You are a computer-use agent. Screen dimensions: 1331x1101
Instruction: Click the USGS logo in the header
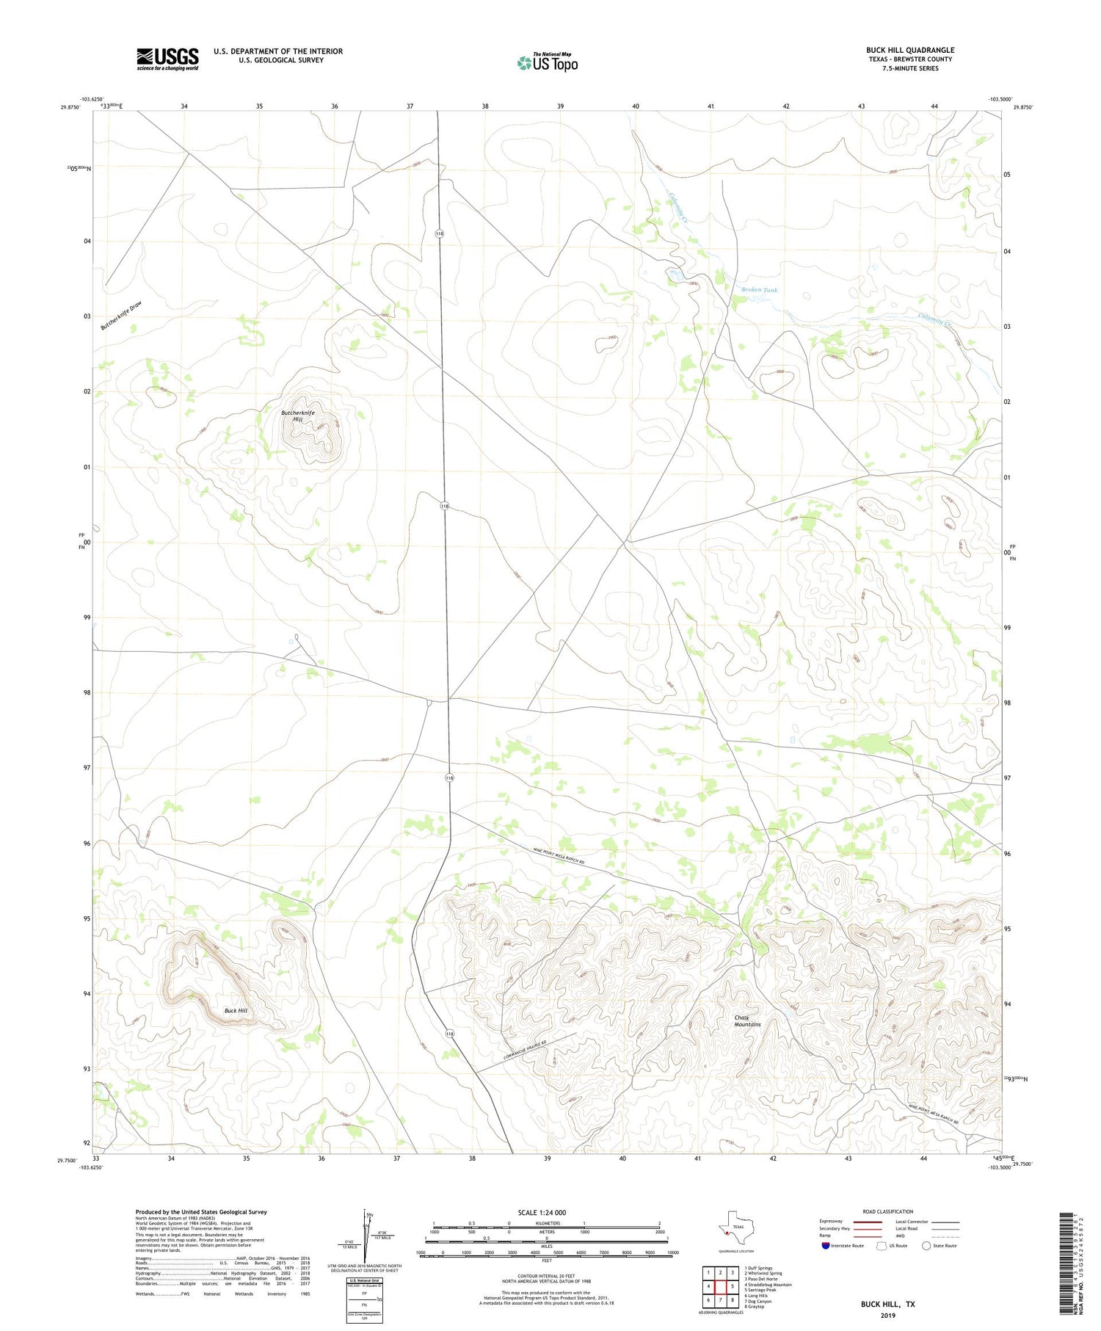[167, 59]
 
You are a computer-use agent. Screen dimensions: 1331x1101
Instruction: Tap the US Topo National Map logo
[547, 62]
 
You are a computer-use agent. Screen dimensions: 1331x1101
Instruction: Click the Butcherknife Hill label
[298, 416]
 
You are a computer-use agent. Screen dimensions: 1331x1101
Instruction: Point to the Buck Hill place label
[236, 1011]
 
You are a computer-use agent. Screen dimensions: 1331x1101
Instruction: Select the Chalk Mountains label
[747, 1020]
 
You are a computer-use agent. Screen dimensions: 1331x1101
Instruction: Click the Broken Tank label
[759, 290]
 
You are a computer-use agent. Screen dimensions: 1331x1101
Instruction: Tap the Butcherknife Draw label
[121, 316]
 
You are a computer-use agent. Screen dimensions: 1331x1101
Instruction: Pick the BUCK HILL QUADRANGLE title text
[909, 50]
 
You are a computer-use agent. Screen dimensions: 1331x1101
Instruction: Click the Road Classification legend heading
[888, 1211]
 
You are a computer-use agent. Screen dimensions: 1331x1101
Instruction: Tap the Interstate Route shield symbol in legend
[826, 1245]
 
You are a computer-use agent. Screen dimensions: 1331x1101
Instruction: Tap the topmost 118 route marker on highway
[439, 233]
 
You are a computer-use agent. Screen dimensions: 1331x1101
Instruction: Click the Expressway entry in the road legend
[832, 1222]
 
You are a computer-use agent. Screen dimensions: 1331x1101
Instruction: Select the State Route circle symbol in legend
[926, 1245]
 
